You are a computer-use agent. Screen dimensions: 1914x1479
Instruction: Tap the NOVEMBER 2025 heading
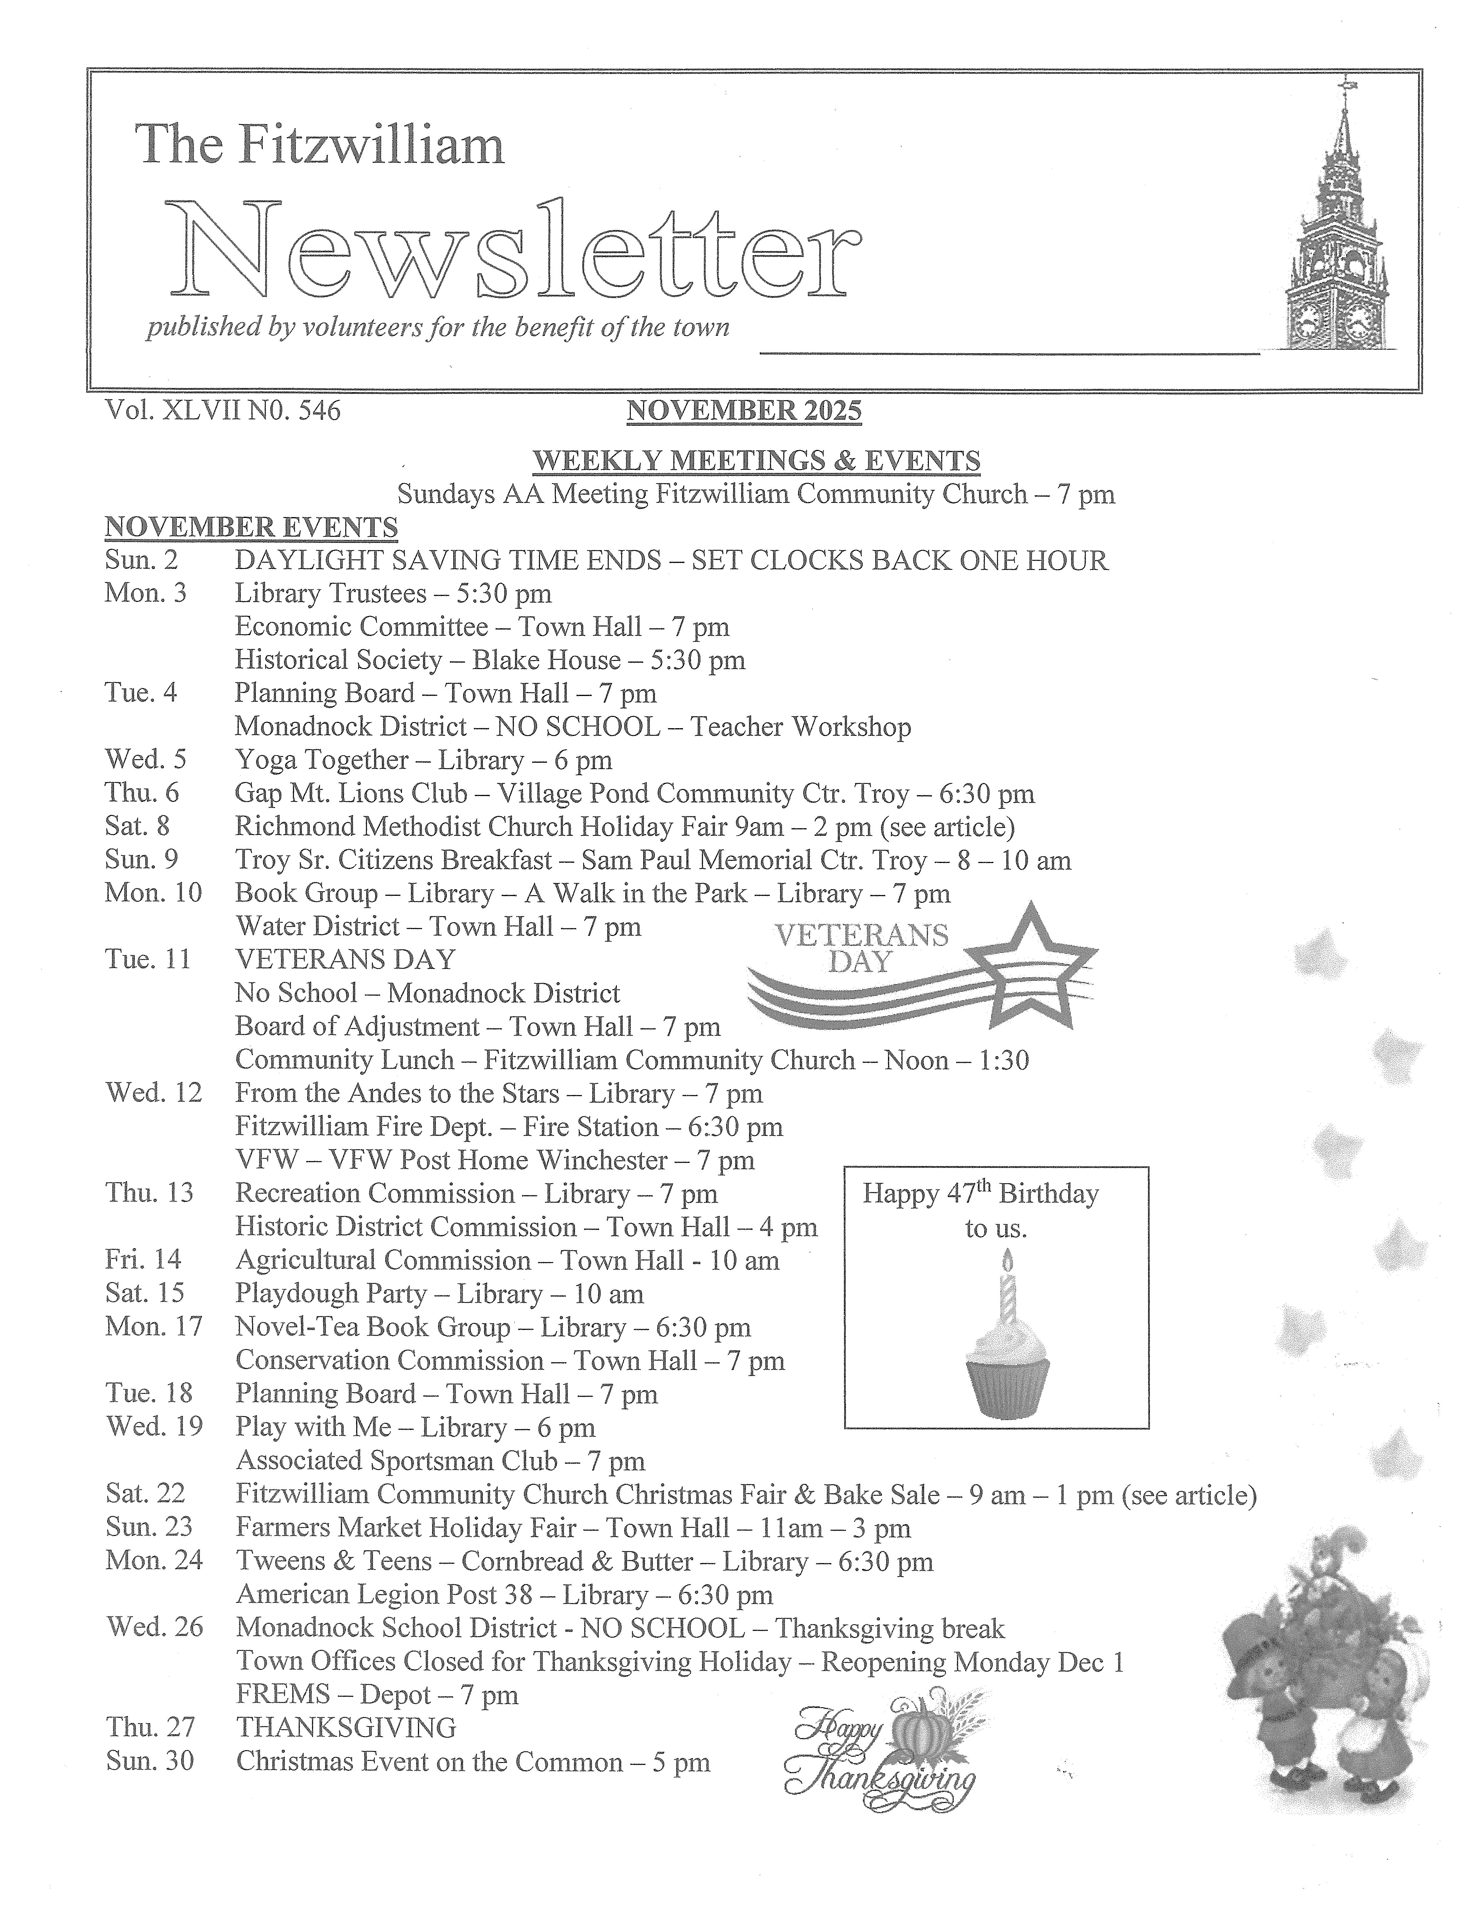click(x=744, y=410)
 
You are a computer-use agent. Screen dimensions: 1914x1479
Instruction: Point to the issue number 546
click(x=319, y=410)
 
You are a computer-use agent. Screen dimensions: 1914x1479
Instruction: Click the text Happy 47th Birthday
click(x=980, y=1194)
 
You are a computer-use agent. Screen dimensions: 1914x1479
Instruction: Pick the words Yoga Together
click(x=322, y=760)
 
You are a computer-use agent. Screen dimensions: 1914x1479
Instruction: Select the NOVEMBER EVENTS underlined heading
click(x=251, y=528)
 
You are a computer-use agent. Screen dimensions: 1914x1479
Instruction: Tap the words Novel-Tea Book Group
click(x=372, y=1327)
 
